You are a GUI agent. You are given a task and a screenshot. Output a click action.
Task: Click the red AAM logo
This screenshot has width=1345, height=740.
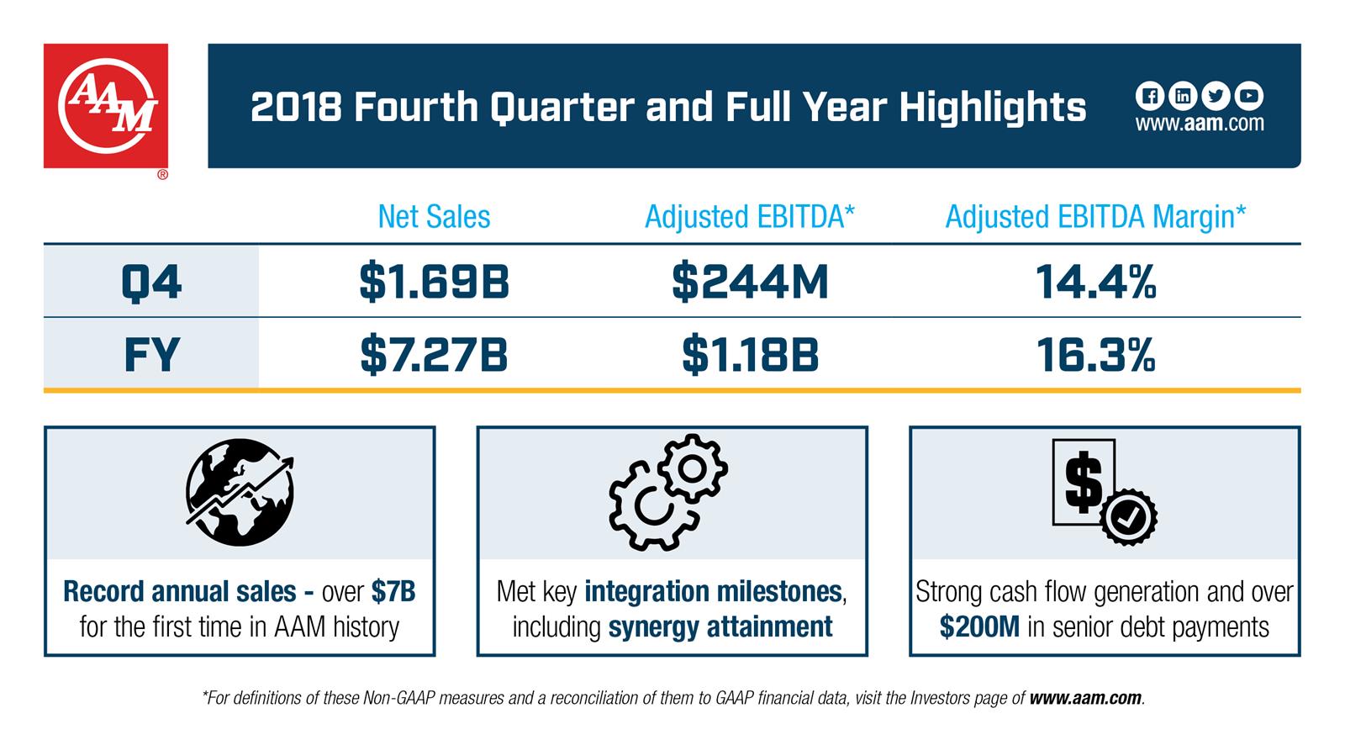tap(106, 106)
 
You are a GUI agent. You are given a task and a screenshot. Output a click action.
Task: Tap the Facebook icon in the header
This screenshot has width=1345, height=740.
tap(1149, 96)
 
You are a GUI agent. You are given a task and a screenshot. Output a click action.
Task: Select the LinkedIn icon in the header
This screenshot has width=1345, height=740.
tap(1183, 96)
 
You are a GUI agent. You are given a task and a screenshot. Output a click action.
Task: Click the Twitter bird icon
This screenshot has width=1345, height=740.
tap(1216, 96)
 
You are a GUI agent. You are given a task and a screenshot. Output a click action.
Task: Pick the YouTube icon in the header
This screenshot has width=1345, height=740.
tap(1249, 96)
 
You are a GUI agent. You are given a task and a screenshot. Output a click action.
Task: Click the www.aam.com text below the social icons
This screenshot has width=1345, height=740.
tap(1200, 124)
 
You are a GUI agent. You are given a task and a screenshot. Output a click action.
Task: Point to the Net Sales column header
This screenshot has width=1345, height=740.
tap(434, 217)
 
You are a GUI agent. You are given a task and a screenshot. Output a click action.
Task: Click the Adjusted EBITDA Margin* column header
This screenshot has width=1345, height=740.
tap(1095, 217)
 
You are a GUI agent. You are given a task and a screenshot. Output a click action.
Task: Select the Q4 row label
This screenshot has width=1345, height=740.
tap(151, 281)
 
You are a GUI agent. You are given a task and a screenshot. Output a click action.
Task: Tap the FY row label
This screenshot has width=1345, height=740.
tap(151, 354)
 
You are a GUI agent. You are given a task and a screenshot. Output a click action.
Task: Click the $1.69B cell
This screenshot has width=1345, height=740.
tap(434, 282)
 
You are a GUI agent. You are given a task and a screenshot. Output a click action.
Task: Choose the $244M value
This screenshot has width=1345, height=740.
tap(750, 282)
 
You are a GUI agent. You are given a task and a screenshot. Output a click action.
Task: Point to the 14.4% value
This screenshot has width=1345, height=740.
tap(1095, 282)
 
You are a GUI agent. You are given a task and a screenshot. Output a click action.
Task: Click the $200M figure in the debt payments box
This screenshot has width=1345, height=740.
tap(979, 627)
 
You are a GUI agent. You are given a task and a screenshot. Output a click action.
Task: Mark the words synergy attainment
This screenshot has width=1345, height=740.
tap(720, 627)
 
